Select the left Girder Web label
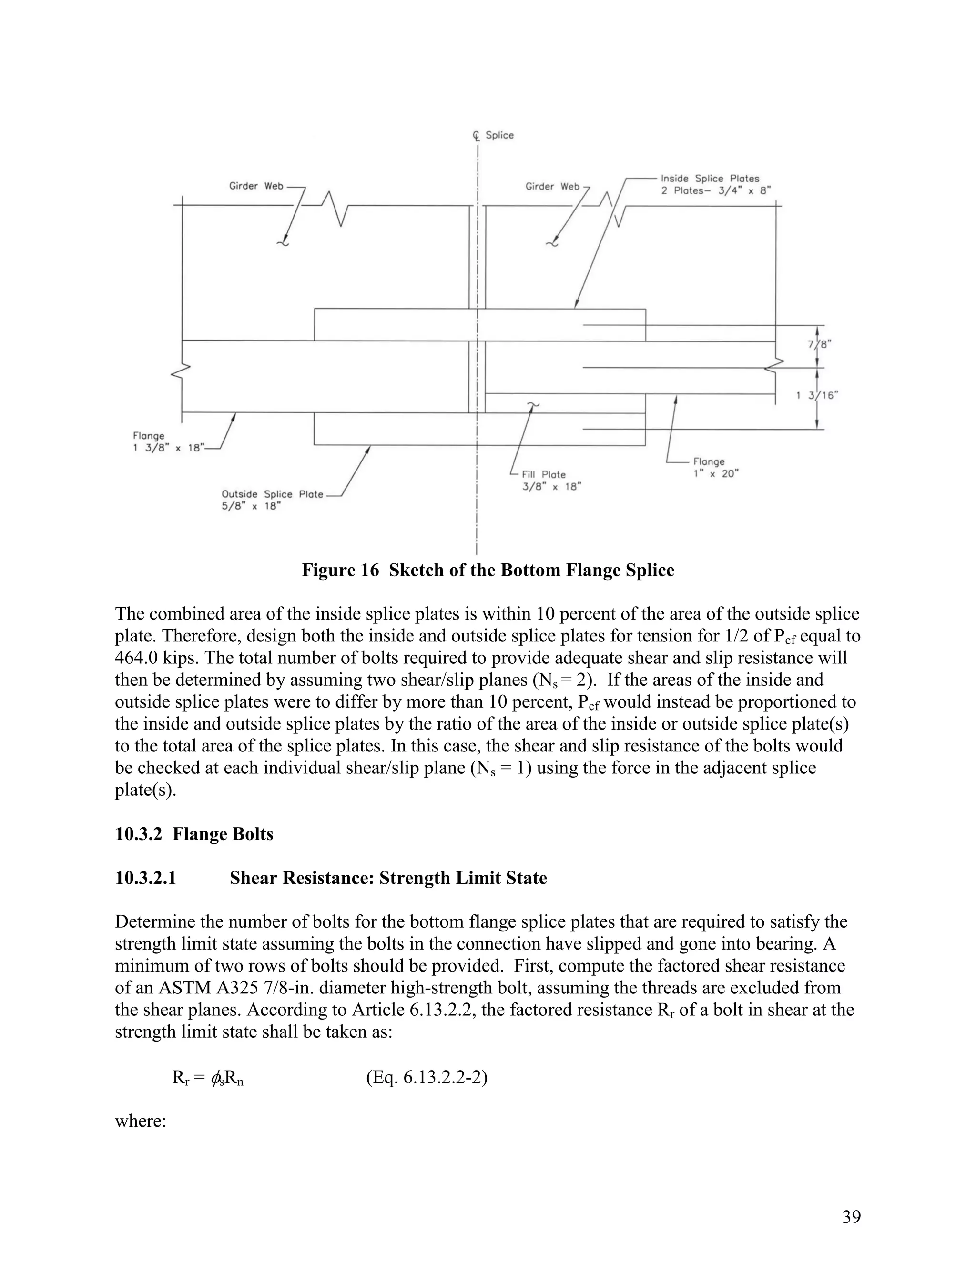tap(256, 186)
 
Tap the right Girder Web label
tap(552, 186)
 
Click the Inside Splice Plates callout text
tap(710, 184)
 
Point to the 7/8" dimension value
tap(819, 344)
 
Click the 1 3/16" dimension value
tap(817, 395)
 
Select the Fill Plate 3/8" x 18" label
tap(550, 480)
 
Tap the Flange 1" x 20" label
tap(715, 468)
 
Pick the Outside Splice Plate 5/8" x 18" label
tap(272, 500)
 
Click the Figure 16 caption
tap(488, 571)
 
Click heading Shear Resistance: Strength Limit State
tap(388, 878)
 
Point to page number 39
tap(851, 1216)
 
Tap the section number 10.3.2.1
tap(145, 878)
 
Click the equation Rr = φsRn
tap(208, 1078)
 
